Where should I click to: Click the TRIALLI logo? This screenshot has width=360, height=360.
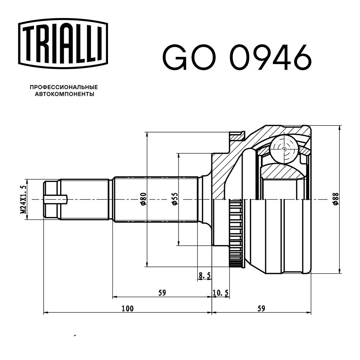tap(63, 44)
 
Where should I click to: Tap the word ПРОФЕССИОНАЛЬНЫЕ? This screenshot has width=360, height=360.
tap(64, 87)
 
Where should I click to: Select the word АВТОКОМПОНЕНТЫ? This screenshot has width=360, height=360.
tap(64, 94)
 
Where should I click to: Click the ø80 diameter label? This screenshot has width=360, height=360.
tap(143, 199)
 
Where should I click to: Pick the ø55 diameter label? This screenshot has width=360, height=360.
tap(175, 199)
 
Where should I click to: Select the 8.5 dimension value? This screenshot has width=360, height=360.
tap(204, 275)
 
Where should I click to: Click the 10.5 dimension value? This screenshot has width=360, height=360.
tap(220, 293)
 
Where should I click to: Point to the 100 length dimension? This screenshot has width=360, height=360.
tap(127, 309)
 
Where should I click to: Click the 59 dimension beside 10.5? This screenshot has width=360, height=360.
tap(162, 293)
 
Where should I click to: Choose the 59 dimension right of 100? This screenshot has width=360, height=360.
tap(261, 309)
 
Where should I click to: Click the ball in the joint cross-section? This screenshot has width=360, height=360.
tap(285, 149)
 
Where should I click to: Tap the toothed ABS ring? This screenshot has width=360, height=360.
tap(236, 233)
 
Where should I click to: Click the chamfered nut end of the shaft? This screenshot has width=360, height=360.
tap(52, 199)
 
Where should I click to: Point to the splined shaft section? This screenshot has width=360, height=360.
tap(156, 199)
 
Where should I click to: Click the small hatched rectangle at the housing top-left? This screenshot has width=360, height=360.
tap(237, 137)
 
